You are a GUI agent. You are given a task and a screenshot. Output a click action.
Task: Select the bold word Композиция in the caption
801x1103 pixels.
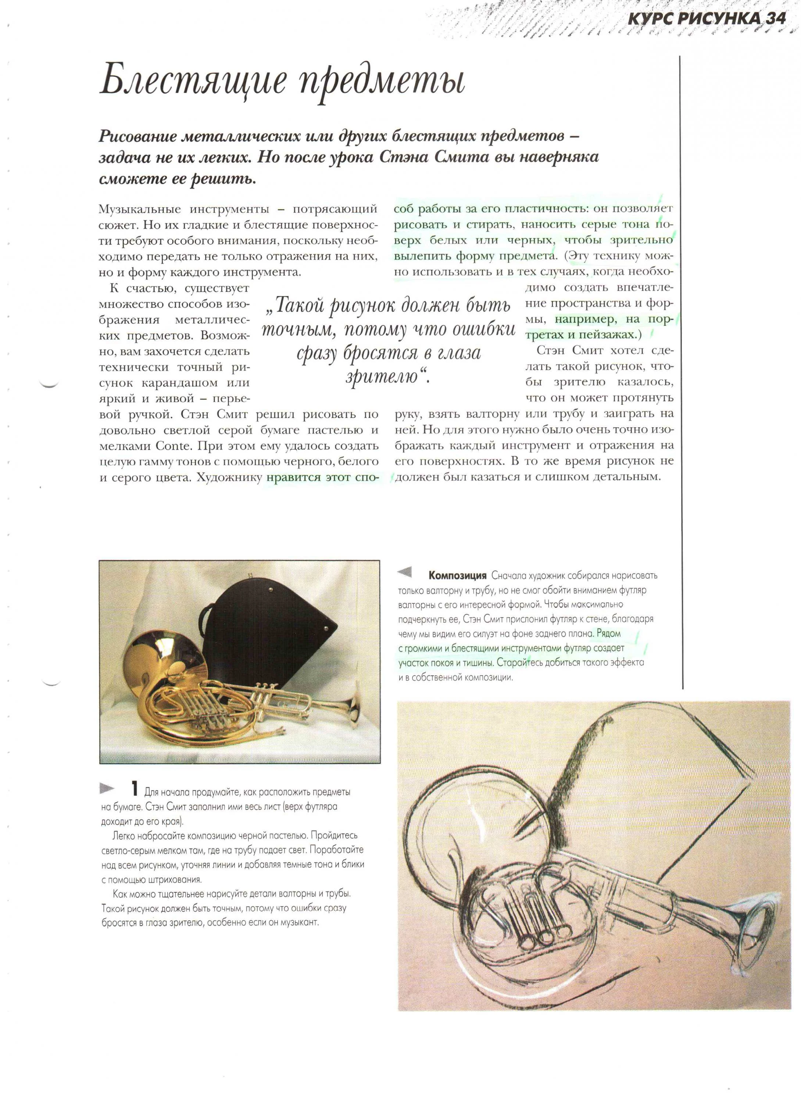click(457, 576)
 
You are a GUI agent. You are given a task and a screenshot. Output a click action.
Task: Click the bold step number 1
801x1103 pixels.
click(135, 788)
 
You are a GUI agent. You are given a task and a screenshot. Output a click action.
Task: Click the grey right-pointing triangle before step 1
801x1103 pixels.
click(107, 788)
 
